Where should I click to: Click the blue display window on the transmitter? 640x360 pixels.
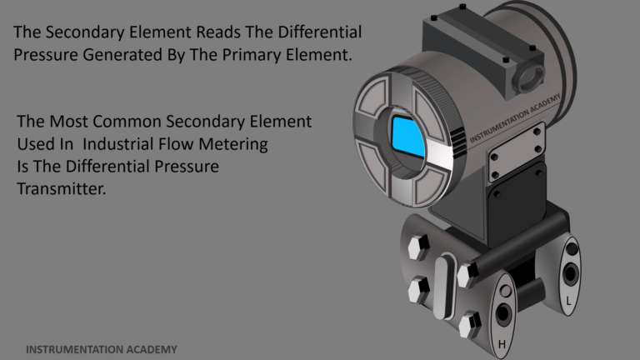pos(408,137)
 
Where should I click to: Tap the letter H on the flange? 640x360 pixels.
pos(502,344)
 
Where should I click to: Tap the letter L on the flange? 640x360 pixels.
pos(568,301)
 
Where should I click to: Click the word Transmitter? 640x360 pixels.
pos(61,188)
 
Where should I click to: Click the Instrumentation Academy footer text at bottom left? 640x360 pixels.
pos(102,349)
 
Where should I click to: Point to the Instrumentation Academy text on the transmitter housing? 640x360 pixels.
pos(515,118)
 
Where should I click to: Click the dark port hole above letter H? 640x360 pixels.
pos(502,314)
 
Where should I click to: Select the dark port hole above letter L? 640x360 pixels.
pos(570,273)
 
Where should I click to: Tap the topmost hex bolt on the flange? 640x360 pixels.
pos(418,247)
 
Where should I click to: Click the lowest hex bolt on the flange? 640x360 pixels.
pos(470,324)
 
